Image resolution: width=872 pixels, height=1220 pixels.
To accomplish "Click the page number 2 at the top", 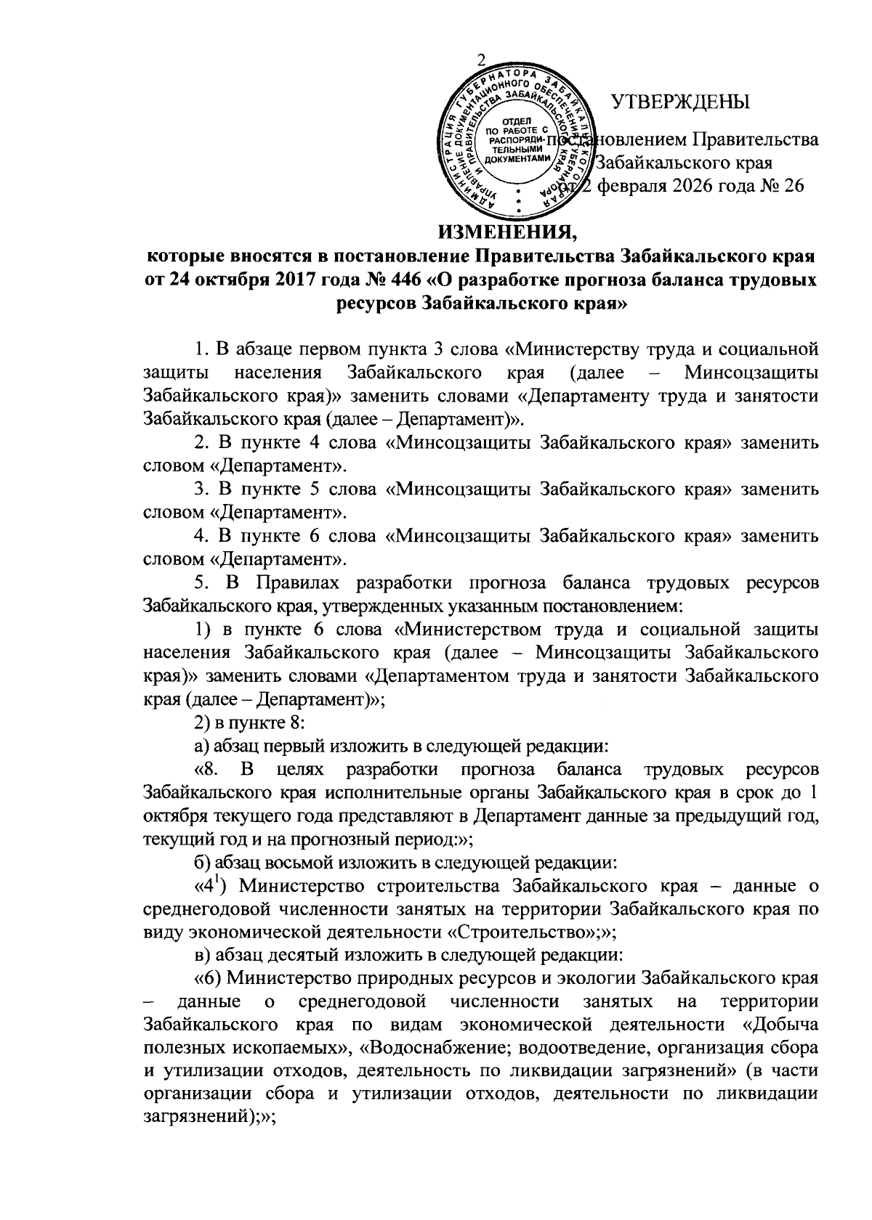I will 480,61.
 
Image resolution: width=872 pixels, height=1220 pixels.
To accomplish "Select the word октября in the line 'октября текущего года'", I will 176,816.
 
